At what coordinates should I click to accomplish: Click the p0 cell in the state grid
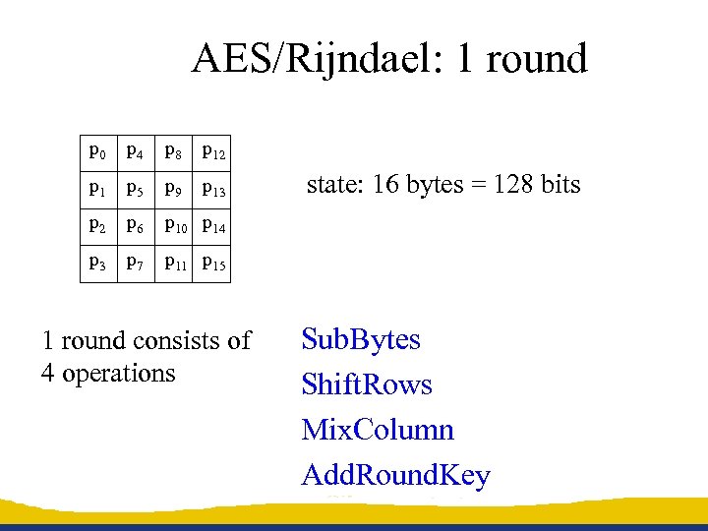[97, 152]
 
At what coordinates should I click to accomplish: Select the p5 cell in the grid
[135, 189]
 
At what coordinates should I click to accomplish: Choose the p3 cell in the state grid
[97, 263]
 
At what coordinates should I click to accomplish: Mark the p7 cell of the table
[135, 263]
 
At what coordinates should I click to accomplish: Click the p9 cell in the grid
[172, 189]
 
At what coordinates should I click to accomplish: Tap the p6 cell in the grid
[135, 226]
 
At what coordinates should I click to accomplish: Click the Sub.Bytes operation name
[361, 340]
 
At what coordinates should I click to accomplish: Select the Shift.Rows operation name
[367, 384]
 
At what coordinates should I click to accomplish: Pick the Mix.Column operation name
[378, 430]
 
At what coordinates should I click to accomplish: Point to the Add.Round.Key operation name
[395, 476]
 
